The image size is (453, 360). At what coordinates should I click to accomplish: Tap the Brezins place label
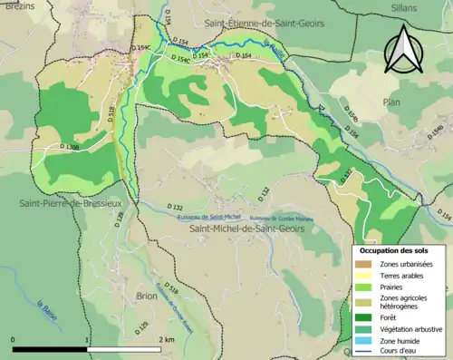coord(18,6)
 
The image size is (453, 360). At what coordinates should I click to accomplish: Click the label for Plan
coord(391,102)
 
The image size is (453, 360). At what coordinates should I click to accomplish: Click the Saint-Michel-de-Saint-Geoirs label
coord(246,229)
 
